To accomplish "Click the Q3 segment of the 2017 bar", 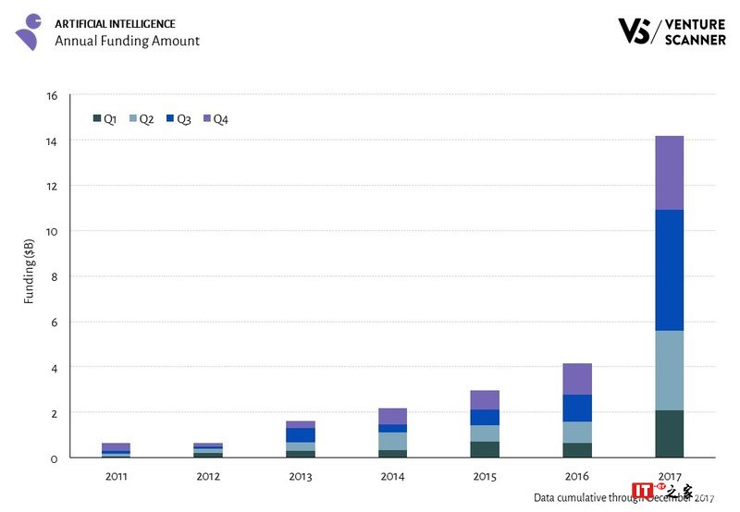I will coord(668,270).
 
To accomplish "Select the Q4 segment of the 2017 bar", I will coord(668,173).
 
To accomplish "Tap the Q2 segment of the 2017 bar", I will coord(668,371).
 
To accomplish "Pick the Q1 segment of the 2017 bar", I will coord(668,434).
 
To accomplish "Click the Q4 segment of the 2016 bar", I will coord(576,379).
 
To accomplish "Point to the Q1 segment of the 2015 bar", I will coord(484,449).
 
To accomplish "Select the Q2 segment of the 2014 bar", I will coord(392,441).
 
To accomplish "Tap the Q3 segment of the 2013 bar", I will coord(300,434).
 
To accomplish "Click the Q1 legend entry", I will coord(105,118).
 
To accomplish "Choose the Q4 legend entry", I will coord(215,118).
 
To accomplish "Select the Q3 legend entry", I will coord(178,118).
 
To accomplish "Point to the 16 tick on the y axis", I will coord(52,95).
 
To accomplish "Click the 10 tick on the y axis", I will coord(52,231).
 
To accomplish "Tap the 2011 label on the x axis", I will coord(116,476).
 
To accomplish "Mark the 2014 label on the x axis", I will coord(392,476).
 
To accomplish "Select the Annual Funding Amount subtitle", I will coord(127,41).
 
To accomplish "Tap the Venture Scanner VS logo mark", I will coord(634,30).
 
